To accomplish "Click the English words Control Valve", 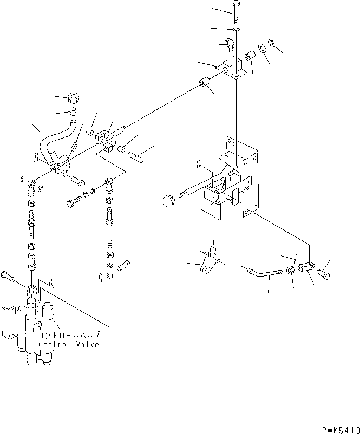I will click(x=68, y=345).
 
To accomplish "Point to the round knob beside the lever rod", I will click(x=168, y=201).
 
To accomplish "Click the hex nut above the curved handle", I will click(x=74, y=99).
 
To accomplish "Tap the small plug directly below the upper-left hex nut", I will click(x=74, y=113).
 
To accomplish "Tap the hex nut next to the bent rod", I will click(x=291, y=271).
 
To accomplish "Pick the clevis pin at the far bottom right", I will click(x=326, y=275).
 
